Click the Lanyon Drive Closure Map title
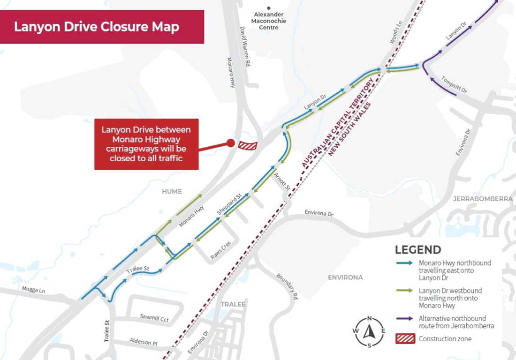tap(97, 27)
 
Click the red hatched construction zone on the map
tap(248, 145)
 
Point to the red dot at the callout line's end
tap(230, 143)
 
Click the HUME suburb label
tap(171, 191)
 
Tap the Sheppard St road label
tap(229, 206)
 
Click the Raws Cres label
tap(220, 251)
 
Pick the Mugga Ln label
tap(33, 290)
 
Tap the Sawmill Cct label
tap(154, 318)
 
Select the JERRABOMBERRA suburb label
tap(483, 199)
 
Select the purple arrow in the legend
tap(404, 319)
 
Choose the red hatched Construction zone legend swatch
tap(405, 339)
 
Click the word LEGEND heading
tap(418, 250)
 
